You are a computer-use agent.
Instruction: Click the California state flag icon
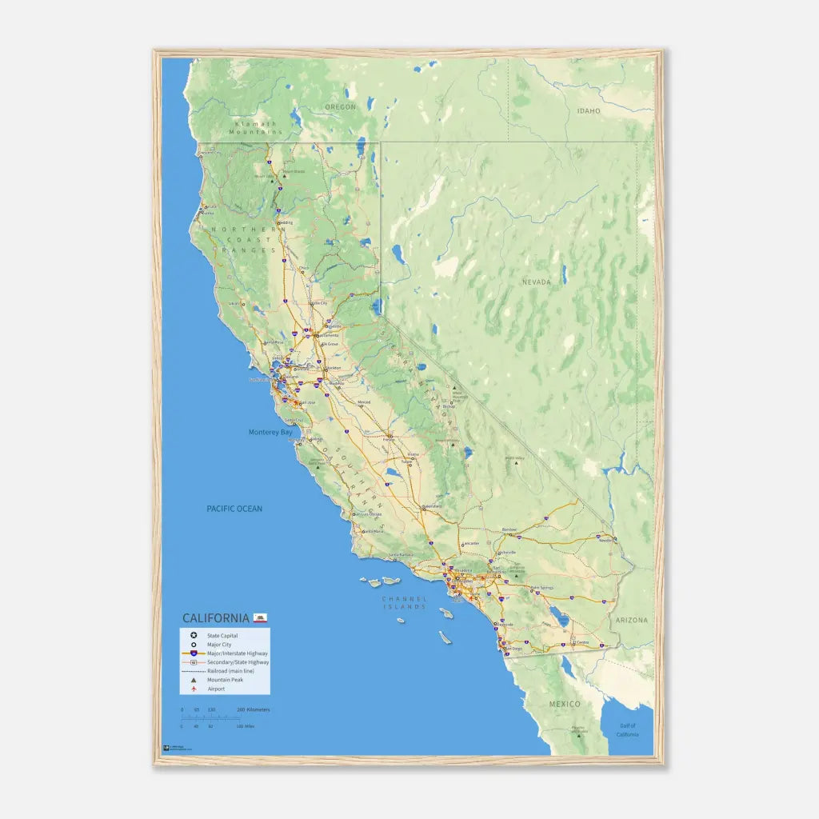coord(260,617)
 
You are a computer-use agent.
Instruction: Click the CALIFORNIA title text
coord(216,618)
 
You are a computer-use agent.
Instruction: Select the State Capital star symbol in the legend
coord(193,635)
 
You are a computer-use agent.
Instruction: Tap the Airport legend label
coord(216,688)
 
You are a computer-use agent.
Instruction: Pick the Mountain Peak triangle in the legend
coord(193,679)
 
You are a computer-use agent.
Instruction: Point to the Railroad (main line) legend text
coord(231,670)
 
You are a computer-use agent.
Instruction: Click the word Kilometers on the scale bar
coord(258,709)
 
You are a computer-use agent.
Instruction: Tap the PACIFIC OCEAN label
coord(234,509)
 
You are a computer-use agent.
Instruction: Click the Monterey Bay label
coord(270,433)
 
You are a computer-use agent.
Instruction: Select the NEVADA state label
coord(537,282)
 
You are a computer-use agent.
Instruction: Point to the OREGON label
coord(340,106)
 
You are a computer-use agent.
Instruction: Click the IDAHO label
coord(588,111)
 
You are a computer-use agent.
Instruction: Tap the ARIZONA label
coord(632,620)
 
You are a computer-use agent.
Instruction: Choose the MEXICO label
coord(565,704)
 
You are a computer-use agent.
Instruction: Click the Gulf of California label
coord(628,731)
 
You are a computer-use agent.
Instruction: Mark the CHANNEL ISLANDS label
coord(405,602)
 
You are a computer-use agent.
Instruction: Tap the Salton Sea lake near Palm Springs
coord(563,620)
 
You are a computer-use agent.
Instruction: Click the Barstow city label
coord(509,530)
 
